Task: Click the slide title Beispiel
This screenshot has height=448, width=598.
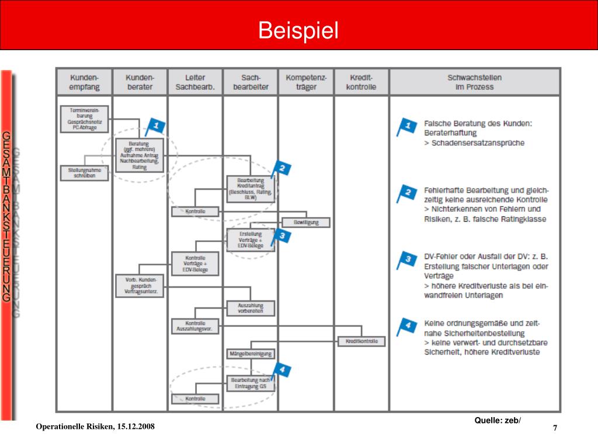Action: coord(298,30)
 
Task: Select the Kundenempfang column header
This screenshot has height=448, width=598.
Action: coord(85,82)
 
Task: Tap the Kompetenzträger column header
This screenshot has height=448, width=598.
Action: coord(306,82)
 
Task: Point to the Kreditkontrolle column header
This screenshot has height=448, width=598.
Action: coord(361,82)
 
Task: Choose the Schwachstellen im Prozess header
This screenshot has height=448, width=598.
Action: coord(474,82)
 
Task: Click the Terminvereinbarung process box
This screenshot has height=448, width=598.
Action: coord(85,118)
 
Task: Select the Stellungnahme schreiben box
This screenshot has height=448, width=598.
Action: coord(85,173)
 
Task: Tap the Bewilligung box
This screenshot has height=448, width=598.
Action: coord(305,222)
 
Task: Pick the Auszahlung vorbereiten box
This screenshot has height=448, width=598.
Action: coord(250,308)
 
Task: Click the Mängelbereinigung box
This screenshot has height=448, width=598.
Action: coord(250,353)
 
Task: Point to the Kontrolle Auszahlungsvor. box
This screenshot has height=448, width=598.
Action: coord(195,326)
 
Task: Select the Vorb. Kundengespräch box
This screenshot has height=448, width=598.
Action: coord(140,286)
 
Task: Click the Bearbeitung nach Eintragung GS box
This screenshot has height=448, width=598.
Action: coord(250,383)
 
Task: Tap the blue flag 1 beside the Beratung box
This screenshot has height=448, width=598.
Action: coord(155,126)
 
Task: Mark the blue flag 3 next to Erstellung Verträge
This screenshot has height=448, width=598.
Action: coord(281,236)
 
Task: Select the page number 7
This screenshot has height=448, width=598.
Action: coord(555,429)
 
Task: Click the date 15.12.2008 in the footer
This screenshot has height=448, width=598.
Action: coord(135,427)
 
